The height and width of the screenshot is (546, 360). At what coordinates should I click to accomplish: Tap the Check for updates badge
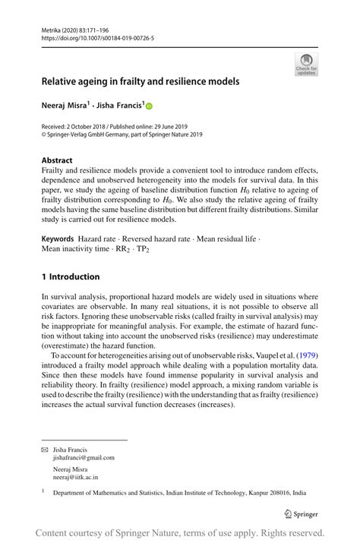(x=305, y=65)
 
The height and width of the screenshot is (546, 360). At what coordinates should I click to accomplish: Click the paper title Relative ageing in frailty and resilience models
(x=141, y=81)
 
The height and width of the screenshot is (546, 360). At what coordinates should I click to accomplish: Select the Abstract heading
(x=57, y=161)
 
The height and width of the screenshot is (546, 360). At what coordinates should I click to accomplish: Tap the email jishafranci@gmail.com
(x=84, y=458)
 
